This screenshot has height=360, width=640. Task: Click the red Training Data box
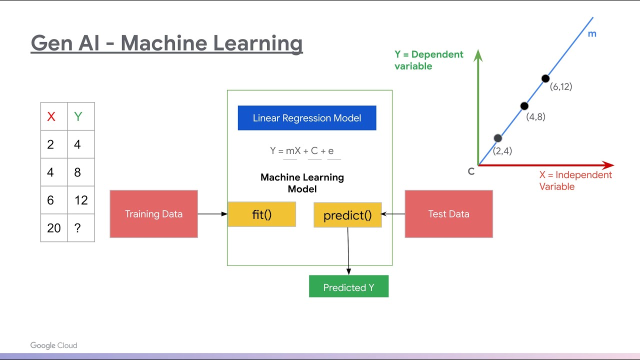(153, 214)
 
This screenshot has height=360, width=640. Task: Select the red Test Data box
(448, 214)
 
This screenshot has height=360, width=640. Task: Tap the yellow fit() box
(261, 214)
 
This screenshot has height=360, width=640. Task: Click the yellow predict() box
(347, 215)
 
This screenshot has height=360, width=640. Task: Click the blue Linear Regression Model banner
(306, 118)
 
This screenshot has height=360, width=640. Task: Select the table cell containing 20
(54, 228)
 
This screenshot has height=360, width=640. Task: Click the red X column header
(51, 117)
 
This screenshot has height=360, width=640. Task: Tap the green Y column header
(78, 117)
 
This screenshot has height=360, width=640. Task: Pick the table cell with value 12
(81, 200)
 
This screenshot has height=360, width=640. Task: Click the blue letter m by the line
(592, 34)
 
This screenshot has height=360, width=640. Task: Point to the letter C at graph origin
(471, 171)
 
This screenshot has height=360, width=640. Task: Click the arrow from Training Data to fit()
(212, 214)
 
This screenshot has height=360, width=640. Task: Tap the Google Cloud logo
(53, 345)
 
